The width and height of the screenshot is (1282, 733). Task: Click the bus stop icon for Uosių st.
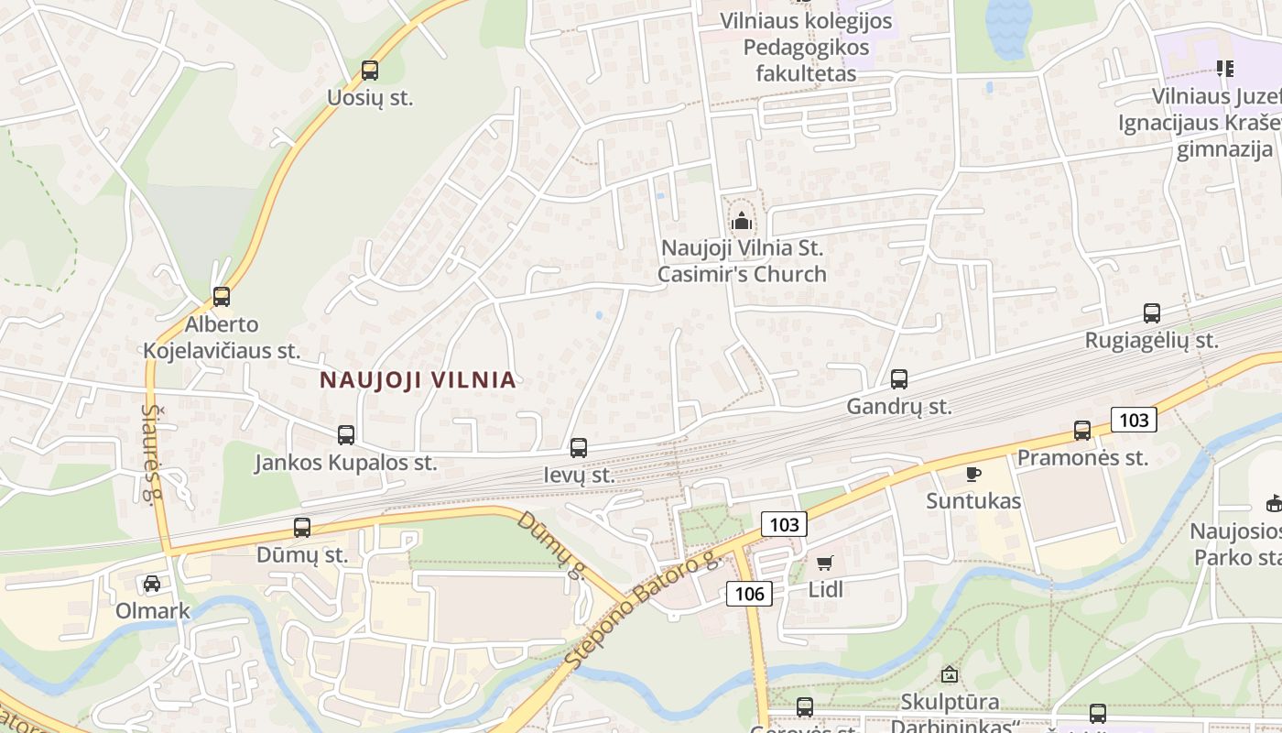tap(370, 71)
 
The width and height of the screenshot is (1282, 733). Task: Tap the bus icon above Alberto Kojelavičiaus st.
tap(222, 297)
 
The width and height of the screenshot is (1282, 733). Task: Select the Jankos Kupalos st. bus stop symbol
tap(346, 435)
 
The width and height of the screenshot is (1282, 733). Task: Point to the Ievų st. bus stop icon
tap(579, 448)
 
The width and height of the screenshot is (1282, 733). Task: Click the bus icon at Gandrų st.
tap(899, 379)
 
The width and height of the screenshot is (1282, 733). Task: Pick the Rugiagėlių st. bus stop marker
tap(1152, 313)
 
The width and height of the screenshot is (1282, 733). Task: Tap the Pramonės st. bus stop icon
tap(1082, 431)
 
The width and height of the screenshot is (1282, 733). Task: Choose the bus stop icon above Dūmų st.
tap(302, 528)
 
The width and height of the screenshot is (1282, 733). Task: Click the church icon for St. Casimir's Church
tap(742, 221)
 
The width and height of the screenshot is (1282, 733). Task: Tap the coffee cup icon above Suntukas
tap(973, 474)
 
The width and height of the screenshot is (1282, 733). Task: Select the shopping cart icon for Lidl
tap(825, 563)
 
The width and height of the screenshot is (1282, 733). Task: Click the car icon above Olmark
tap(152, 584)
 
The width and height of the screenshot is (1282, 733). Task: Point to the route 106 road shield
tap(749, 594)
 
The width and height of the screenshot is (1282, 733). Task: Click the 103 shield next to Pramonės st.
tap(1134, 421)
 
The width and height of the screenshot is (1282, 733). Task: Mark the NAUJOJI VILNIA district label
tap(418, 380)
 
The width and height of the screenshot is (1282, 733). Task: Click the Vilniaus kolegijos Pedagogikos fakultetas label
tap(806, 47)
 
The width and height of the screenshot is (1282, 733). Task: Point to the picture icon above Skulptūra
tap(950, 674)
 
